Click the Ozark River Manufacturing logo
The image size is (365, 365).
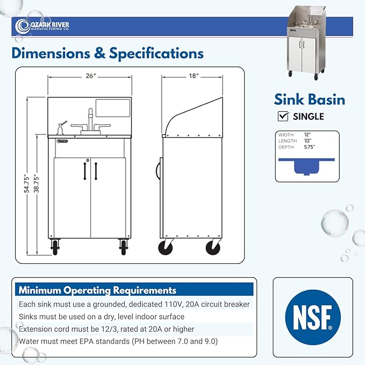42,26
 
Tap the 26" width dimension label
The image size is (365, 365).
91,76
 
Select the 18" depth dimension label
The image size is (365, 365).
194,76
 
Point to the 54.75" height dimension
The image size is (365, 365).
27,183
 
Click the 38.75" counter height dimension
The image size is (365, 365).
37,183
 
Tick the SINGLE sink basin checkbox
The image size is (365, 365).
283,116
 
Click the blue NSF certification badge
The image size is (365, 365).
313,317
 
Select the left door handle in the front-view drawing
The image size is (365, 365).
85,171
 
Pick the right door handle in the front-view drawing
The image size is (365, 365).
96,171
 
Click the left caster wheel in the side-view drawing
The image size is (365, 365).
166,248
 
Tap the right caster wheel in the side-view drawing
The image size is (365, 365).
213,248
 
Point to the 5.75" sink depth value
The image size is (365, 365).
310,147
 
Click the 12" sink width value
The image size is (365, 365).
307,135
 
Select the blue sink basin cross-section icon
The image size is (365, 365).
306,166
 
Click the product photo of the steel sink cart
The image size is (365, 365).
305,43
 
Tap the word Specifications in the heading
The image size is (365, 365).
156,53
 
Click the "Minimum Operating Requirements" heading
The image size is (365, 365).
97,290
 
